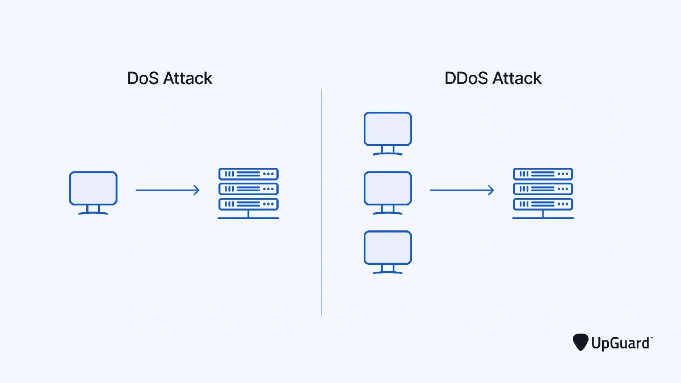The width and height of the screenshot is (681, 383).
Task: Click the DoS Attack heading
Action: [x=170, y=78]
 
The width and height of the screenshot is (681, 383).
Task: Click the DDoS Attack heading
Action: [x=493, y=78]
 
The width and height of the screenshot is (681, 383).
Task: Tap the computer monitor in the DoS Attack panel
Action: [x=93, y=189]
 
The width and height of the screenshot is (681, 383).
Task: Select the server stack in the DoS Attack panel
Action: [x=248, y=193]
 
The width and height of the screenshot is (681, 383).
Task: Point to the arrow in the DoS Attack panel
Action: [x=167, y=190]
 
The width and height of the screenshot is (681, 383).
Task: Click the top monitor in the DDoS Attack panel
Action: [x=388, y=129]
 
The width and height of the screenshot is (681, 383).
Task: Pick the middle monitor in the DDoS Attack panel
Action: [x=388, y=189]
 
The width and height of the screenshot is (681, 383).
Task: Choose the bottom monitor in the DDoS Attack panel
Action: [x=388, y=248]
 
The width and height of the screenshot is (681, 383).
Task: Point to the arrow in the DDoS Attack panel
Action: [x=462, y=190]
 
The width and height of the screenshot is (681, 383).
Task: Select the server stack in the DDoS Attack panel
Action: [x=543, y=193]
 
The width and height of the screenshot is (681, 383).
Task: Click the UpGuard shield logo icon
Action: [x=580, y=342]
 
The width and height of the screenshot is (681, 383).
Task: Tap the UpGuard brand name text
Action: [x=621, y=343]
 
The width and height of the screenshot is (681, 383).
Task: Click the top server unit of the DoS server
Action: [x=248, y=174]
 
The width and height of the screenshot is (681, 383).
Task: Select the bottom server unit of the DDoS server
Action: [x=543, y=204]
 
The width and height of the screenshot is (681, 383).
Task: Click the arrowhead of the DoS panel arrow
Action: [x=197, y=190]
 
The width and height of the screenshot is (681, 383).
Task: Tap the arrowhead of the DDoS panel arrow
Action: [x=491, y=190]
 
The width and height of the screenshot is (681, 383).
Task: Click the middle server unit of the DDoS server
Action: [x=543, y=189]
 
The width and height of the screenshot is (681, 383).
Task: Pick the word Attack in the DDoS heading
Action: [x=516, y=78]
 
